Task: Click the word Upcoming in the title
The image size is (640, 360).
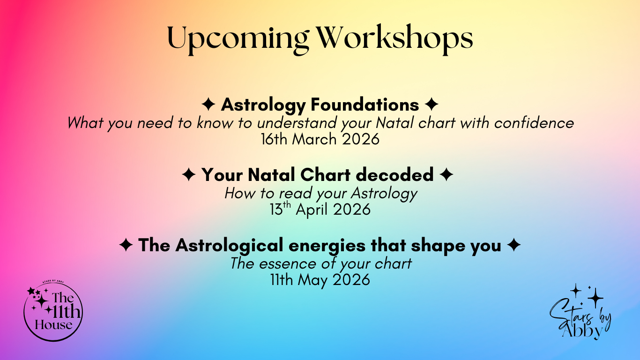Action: click(x=238, y=39)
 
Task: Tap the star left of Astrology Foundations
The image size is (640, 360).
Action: click(x=208, y=105)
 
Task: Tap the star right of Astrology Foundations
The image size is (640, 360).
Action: click(x=432, y=105)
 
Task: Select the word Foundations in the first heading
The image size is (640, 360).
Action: click(x=365, y=105)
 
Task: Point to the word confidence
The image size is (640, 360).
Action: click(x=534, y=123)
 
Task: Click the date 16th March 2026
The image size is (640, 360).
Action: click(x=320, y=140)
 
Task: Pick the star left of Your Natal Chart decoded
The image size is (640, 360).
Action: click(x=188, y=174)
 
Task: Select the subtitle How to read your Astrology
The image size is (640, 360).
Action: click(x=320, y=194)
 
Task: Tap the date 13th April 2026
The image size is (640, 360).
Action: click(x=320, y=210)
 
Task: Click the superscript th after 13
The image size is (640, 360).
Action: click(x=286, y=205)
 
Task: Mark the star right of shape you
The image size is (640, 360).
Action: click(x=513, y=245)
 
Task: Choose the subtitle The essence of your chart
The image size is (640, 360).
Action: click(x=320, y=263)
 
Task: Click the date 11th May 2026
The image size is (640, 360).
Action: click(x=320, y=280)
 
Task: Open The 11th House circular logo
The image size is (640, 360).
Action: click(x=53, y=311)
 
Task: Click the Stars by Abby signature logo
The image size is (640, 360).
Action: click(x=580, y=312)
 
